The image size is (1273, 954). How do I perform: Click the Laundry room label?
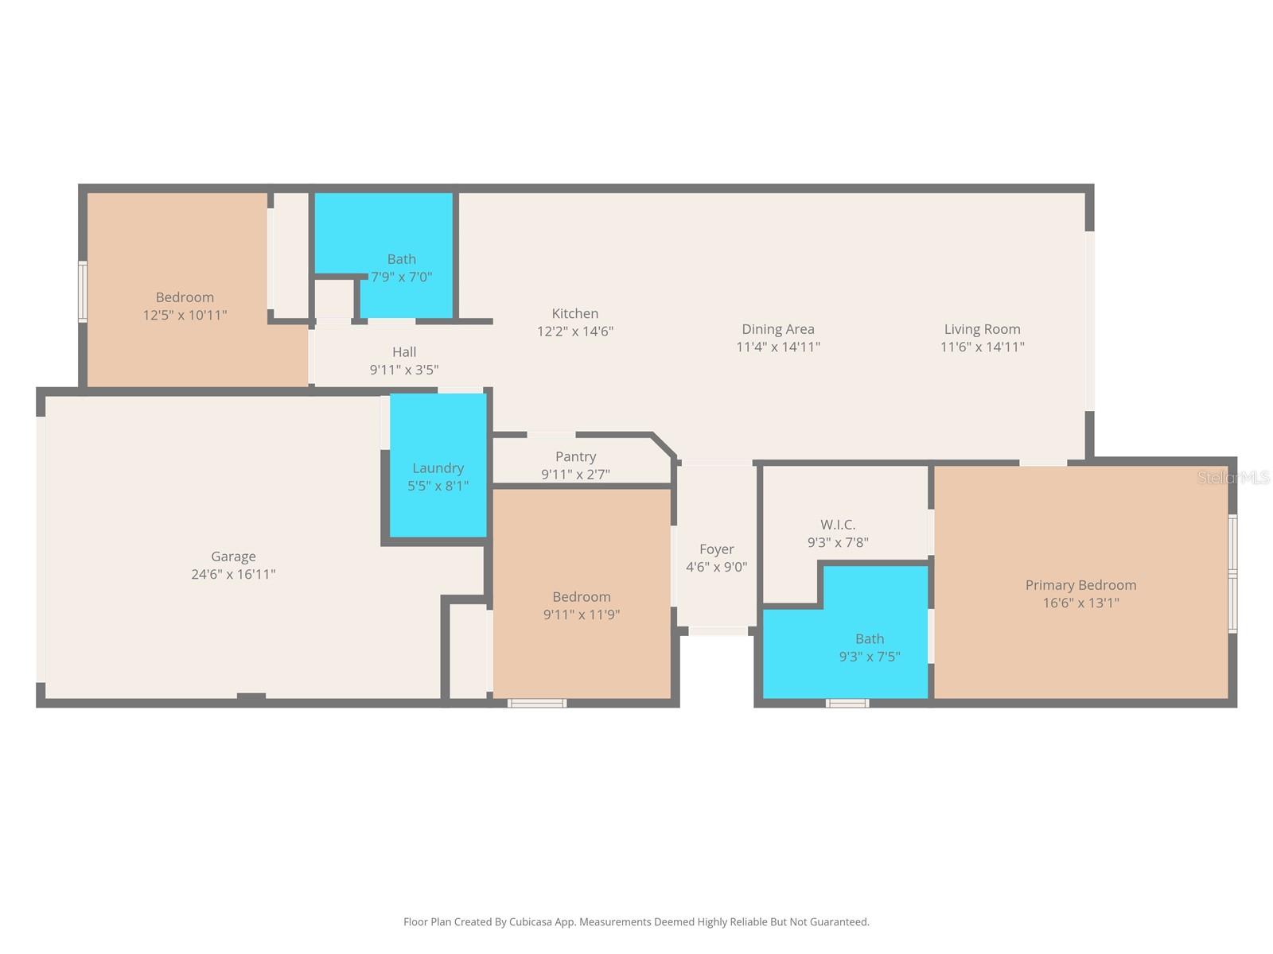click(x=438, y=468)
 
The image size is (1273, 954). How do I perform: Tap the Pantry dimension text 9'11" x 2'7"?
click(x=575, y=475)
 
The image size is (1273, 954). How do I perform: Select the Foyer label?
click(x=716, y=549)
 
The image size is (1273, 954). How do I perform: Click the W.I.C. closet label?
click(x=838, y=525)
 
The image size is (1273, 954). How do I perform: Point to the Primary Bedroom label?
click(x=1080, y=585)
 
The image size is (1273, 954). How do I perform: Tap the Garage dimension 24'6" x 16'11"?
click(x=233, y=574)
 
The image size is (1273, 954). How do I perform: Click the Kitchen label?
click(x=574, y=314)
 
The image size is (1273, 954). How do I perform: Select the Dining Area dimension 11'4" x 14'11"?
click(x=777, y=347)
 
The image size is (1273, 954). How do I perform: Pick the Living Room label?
click(x=982, y=329)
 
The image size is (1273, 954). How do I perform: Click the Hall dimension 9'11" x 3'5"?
click(x=403, y=370)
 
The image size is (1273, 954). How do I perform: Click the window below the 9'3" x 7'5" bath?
click(x=847, y=703)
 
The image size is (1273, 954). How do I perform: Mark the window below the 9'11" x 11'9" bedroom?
click(x=537, y=703)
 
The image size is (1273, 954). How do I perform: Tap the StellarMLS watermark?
click(x=1233, y=478)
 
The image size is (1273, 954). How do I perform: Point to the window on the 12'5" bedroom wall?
click(x=82, y=292)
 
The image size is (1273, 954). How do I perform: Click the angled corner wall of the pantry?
click(x=664, y=446)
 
